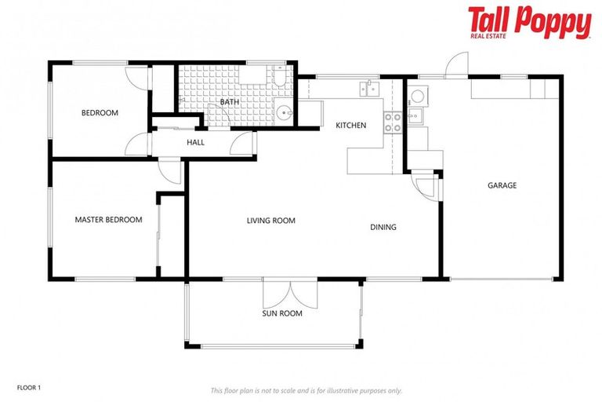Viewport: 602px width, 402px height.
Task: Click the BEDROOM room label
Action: point(100,113)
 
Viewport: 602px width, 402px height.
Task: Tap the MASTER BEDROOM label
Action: point(108,220)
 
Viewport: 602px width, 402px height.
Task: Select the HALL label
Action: point(195,142)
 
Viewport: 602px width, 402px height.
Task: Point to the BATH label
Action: point(229,102)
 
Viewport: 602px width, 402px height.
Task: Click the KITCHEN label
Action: point(350,126)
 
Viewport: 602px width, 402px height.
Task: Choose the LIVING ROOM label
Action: point(270,221)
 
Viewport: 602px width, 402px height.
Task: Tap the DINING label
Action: point(383,228)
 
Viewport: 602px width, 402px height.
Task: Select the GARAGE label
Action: point(502,186)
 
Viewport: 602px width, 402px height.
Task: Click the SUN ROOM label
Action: point(282,314)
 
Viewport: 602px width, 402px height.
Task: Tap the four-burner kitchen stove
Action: point(392,122)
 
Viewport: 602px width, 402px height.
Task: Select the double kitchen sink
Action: point(368,88)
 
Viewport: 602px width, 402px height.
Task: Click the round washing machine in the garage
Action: point(418,97)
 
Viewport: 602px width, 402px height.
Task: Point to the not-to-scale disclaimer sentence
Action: point(306,390)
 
